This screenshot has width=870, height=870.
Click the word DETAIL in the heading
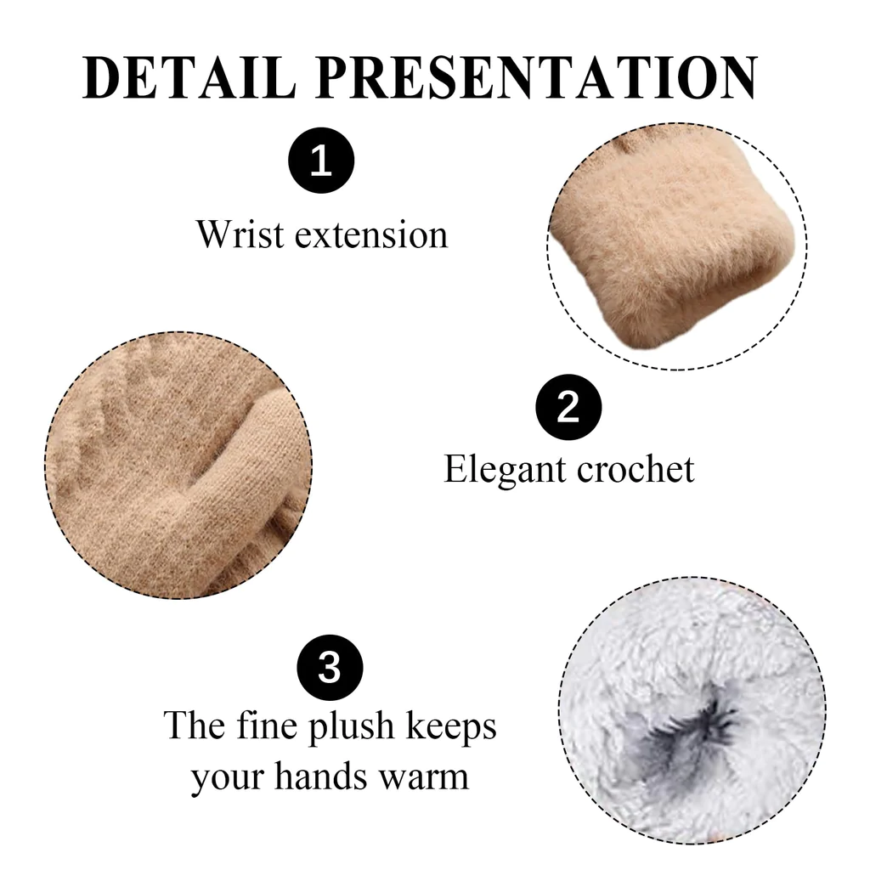click(x=189, y=77)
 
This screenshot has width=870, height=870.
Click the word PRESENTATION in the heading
click(x=537, y=77)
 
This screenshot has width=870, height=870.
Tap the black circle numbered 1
click(x=321, y=161)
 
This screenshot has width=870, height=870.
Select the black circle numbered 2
click(x=568, y=407)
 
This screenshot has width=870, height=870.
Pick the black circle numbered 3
click(x=330, y=667)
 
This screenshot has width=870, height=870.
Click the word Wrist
click(x=240, y=234)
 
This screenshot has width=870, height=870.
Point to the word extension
click(x=371, y=235)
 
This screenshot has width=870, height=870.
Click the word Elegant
click(x=505, y=471)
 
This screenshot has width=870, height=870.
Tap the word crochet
click(x=636, y=469)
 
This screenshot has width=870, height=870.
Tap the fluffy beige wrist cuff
click(x=673, y=244)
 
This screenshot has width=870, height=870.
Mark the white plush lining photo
click(x=692, y=711)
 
